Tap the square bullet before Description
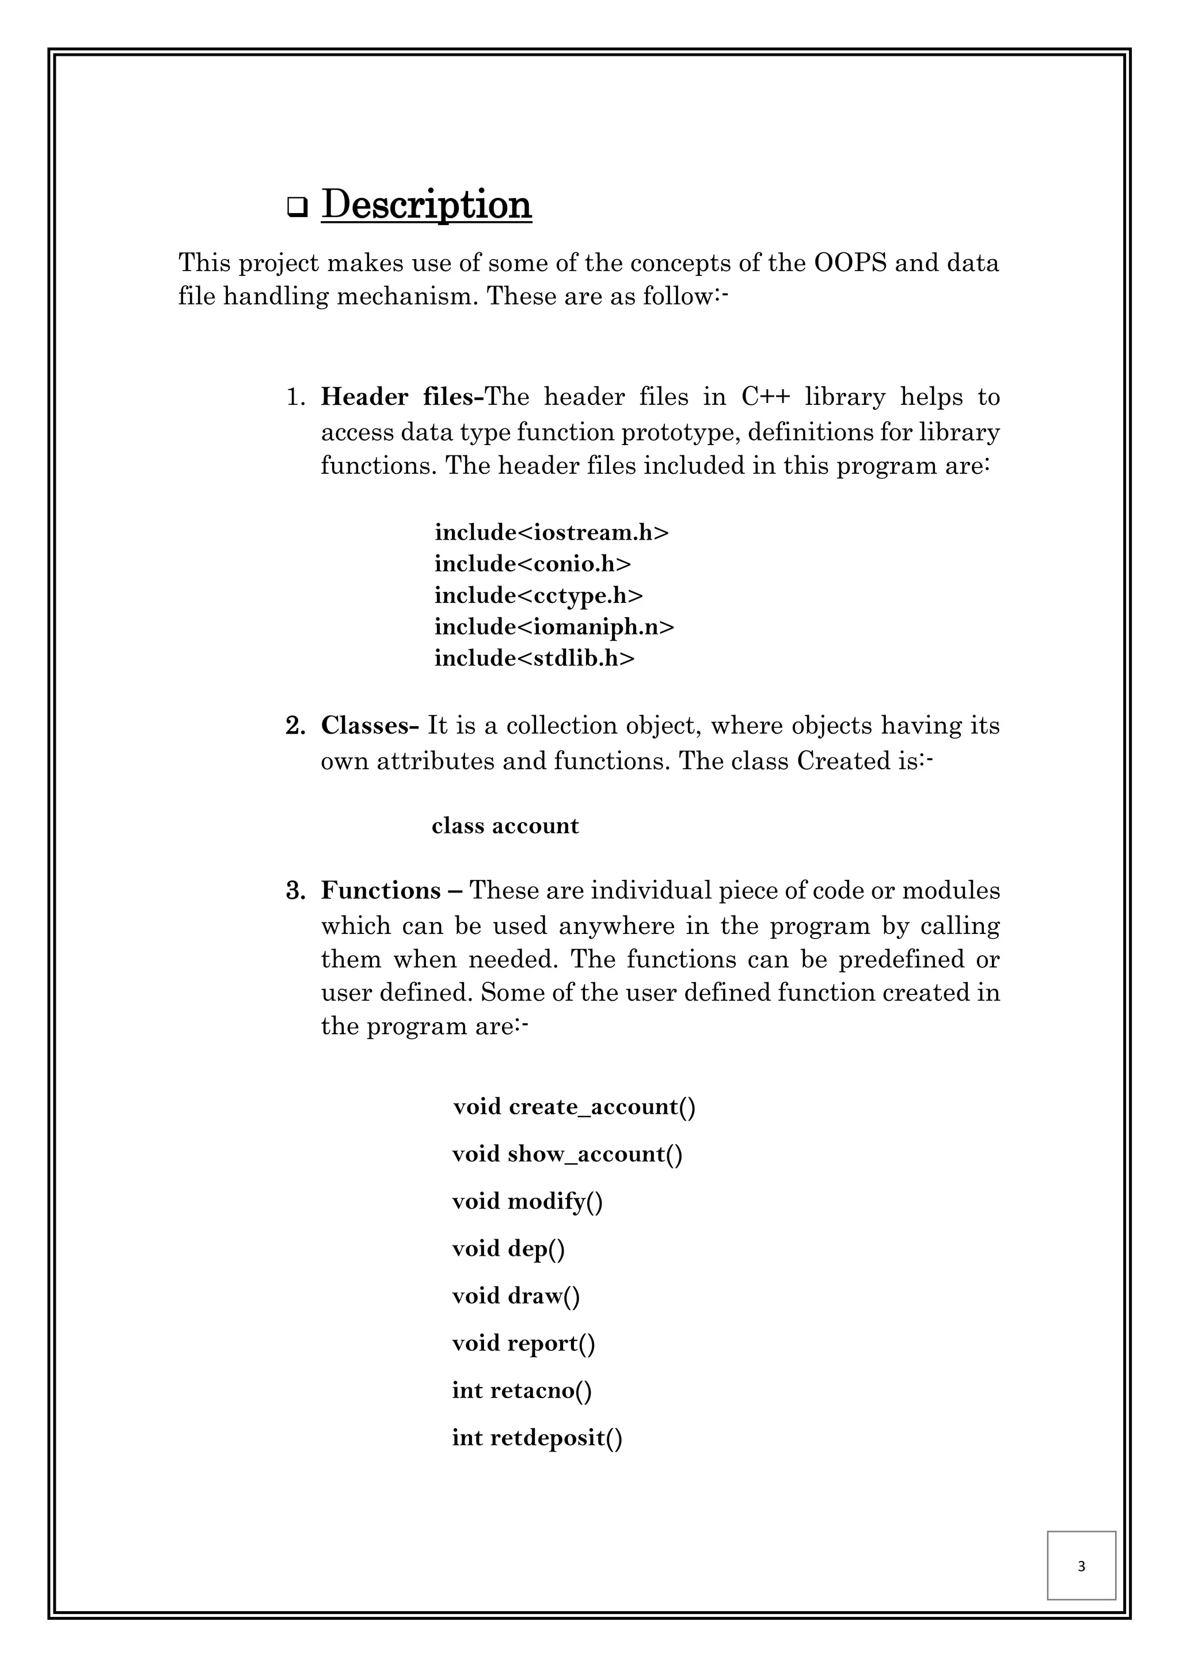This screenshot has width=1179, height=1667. [296, 208]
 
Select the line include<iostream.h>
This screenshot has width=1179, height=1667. [551, 532]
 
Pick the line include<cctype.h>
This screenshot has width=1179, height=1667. [538, 595]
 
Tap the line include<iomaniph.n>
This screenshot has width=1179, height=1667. [554, 626]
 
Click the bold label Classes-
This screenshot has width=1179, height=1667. [370, 726]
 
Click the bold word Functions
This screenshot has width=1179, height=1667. [381, 890]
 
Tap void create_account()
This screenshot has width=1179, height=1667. [573, 1107]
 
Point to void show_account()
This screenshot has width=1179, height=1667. [566, 1154]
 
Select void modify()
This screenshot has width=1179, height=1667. [527, 1201]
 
